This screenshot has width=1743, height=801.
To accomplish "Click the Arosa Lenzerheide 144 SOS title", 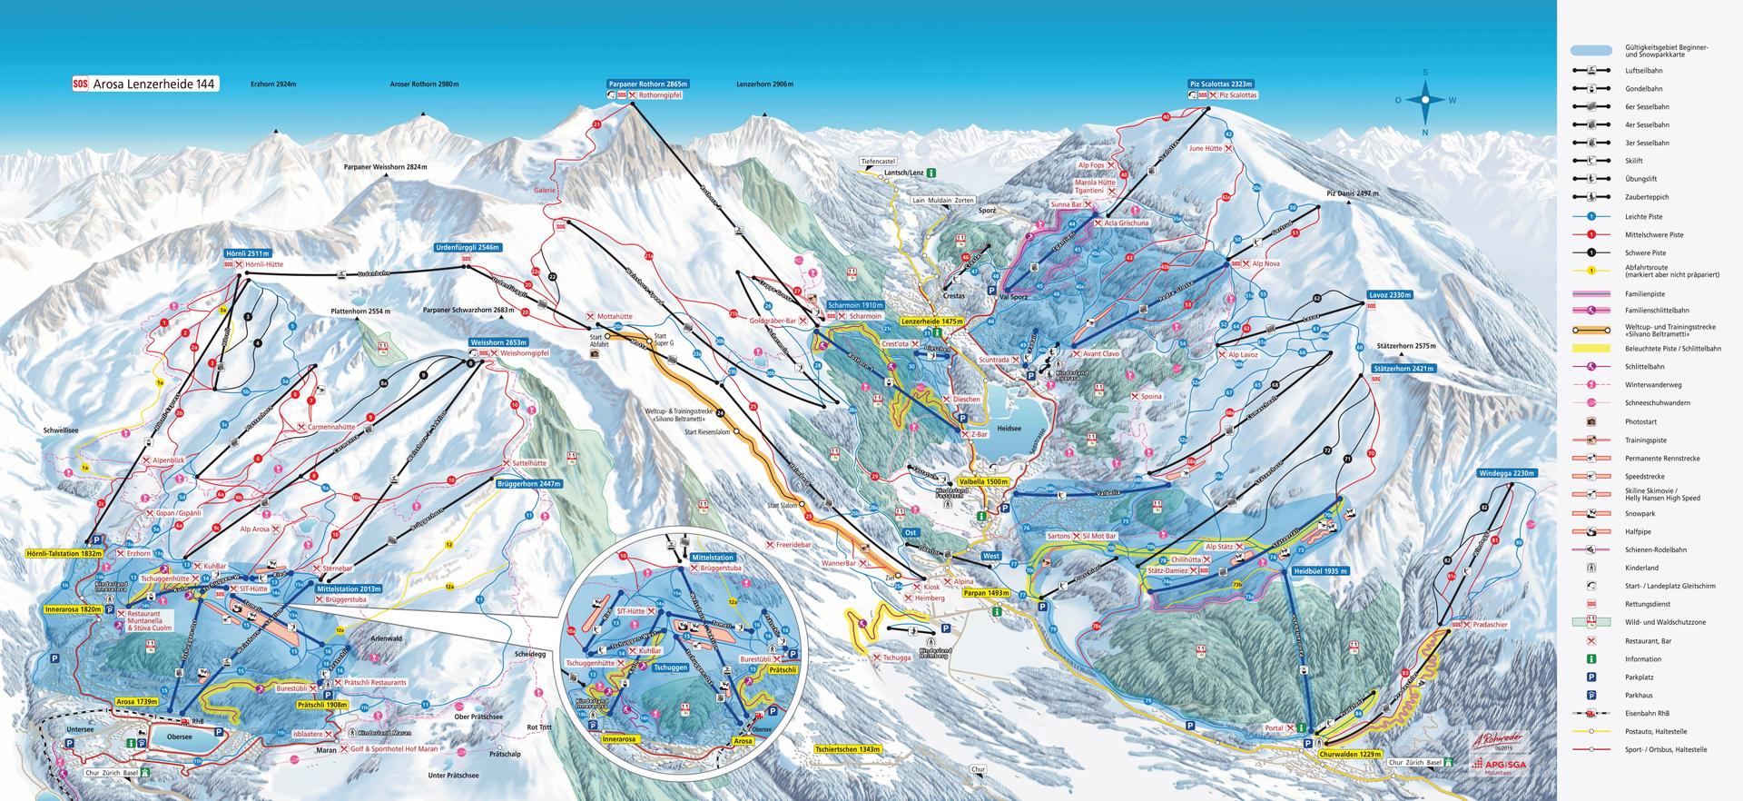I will pos(145,84).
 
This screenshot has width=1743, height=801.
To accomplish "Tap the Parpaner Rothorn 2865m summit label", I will pos(648,84).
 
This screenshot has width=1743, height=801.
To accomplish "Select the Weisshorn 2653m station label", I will pos(497,342).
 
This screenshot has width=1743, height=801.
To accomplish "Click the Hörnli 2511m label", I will pos(248,253).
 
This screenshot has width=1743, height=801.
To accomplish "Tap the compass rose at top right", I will pos(1424,100).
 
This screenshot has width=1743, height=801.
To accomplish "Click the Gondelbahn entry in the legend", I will pos(1639,89).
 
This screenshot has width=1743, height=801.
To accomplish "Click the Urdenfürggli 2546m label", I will pos(467,247).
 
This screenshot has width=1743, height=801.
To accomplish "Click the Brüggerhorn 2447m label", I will pos(529,484).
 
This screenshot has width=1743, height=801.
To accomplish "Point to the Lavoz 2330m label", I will pos(1389,295).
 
